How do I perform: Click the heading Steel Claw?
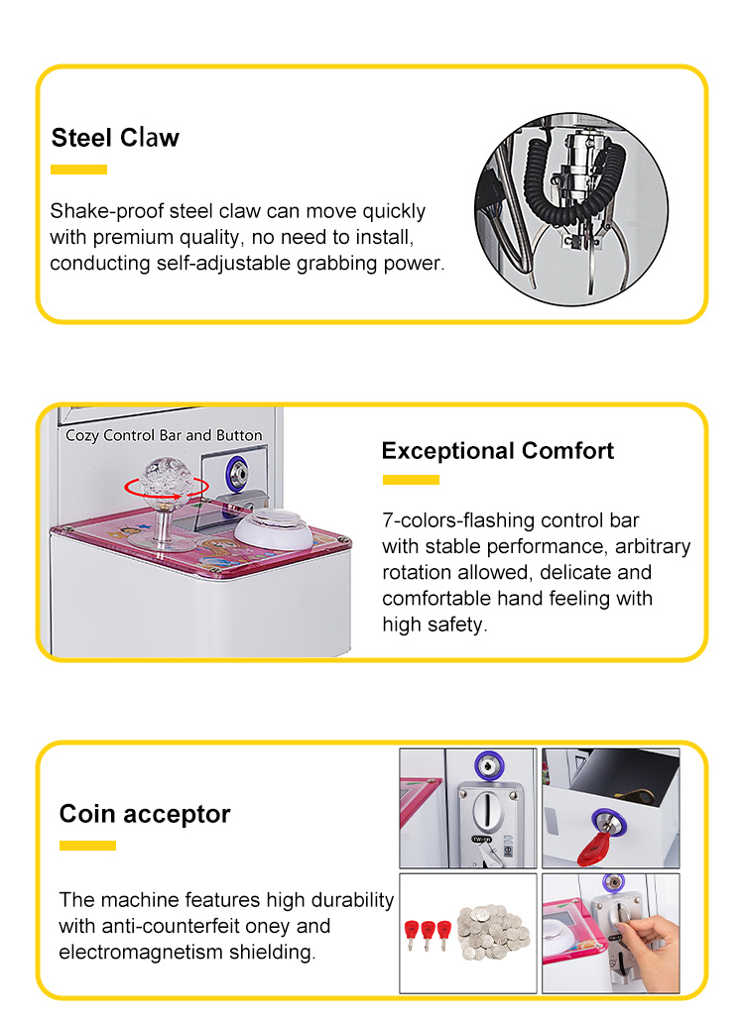(x=115, y=137)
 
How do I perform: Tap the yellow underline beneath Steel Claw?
(x=78, y=170)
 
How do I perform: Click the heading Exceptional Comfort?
(x=497, y=451)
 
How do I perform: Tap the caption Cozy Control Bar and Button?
(x=164, y=435)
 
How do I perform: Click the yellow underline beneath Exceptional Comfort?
(x=411, y=480)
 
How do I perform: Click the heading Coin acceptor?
(x=145, y=814)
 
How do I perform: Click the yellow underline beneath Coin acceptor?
(x=87, y=846)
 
